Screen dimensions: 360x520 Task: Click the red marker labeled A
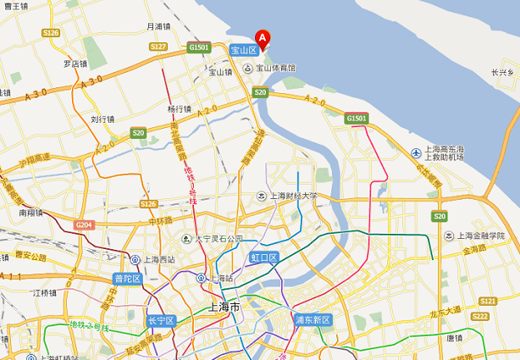pyautogui.click(x=263, y=38)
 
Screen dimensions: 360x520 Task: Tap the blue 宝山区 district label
pyautogui.click(x=243, y=51)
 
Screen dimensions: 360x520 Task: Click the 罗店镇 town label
pyautogui.click(x=75, y=64)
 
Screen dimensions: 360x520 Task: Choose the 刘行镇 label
pyautogui.click(x=102, y=119)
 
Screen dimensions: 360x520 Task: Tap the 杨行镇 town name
pyautogui.click(x=179, y=108)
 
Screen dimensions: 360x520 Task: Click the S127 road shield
pyautogui.click(x=158, y=47)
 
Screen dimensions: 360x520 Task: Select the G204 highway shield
pyautogui.click(x=84, y=224)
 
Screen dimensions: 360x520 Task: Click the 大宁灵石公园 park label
pyautogui.click(x=219, y=239)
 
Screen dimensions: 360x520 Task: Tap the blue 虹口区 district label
pyautogui.click(x=263, y=257)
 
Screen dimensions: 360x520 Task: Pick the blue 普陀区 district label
pyautogui.click(x=126, y=279)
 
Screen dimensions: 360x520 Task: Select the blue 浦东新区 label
pyautogui.click(x=313, y=319)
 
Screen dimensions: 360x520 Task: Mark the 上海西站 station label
pyautogui.click(x=158, y=260)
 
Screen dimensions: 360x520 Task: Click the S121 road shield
pyautogui.click(x=487, y=301)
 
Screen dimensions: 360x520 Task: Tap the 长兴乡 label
pyautogui.click(x=502, y=73)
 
